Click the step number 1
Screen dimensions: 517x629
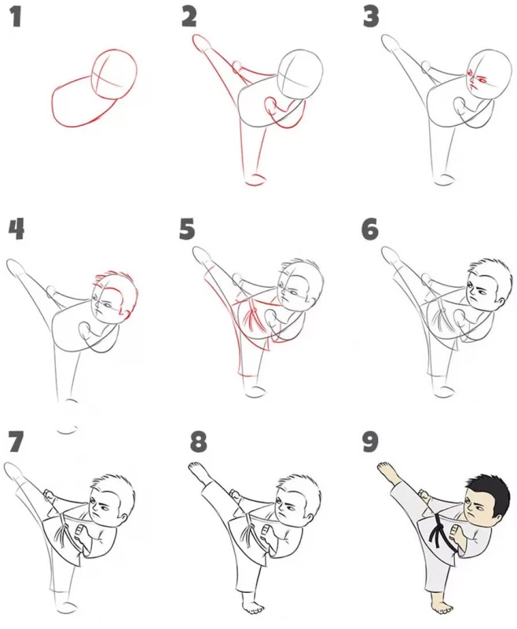point(16,17)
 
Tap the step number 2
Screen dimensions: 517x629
point(189,17)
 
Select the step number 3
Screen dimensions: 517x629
point(371,17)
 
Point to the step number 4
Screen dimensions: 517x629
point(16,230)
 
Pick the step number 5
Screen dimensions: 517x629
point(187,230)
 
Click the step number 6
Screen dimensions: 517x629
point(369,230)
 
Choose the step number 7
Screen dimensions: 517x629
point(15,441)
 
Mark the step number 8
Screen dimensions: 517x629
point(198,442)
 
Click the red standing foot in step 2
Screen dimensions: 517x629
point(255,180)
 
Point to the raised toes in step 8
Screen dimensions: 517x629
point(194,467)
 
